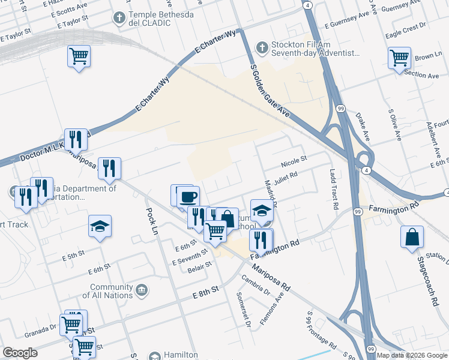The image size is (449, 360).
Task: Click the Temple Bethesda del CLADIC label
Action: coord(150,18)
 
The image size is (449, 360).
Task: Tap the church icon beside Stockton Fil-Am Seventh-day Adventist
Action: coord(261,47)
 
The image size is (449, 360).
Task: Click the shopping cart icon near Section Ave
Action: coord(399,58)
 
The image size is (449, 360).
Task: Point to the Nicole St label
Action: coord(294,160)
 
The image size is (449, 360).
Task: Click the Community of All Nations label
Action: coord(111,291)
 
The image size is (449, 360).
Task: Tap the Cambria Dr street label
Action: coord(256,284)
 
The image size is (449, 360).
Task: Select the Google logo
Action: coord(20,353)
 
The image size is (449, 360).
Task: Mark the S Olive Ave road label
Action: coord(395,124)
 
